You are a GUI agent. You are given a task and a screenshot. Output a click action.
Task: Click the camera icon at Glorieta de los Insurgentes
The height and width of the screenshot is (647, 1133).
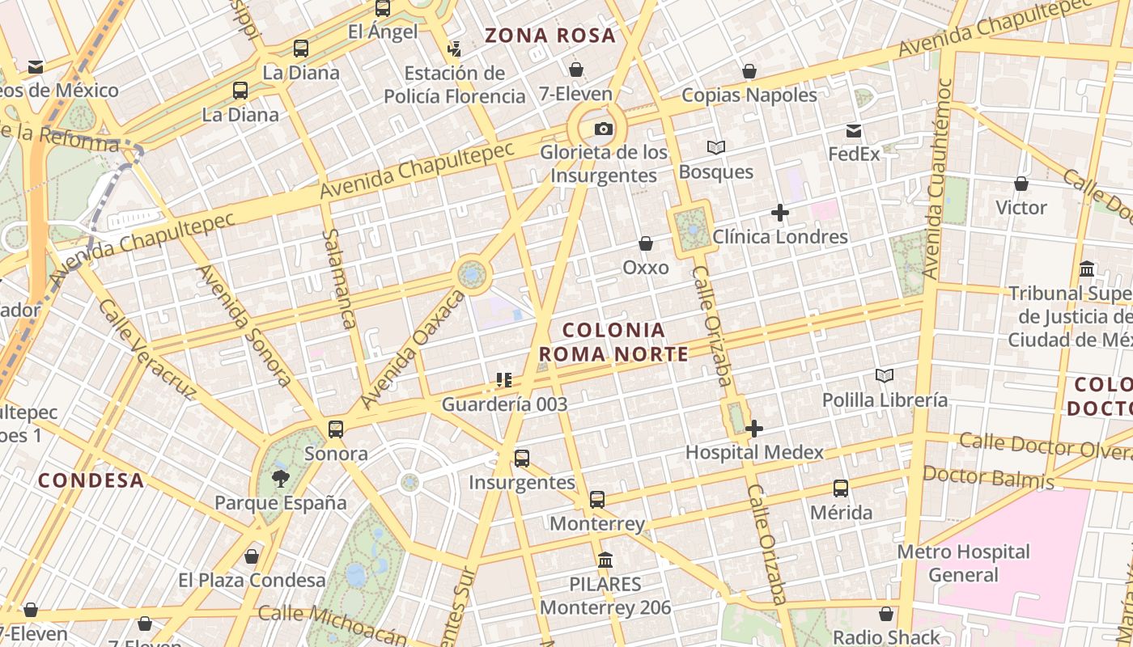pyautogui.click(x=603, y=129)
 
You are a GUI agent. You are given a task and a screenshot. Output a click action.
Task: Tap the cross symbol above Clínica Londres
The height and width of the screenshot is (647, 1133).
pyautogui.click(x=780, y=213)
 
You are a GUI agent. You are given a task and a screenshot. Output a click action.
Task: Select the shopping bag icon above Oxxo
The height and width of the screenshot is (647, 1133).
pyautogui.click(x=646, y=243)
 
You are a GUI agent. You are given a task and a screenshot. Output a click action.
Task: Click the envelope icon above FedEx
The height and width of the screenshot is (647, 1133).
pyautogui.click(x=854, y=131)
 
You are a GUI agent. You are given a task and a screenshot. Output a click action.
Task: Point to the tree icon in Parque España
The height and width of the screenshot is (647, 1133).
pyautogui.click(x=281, y=478)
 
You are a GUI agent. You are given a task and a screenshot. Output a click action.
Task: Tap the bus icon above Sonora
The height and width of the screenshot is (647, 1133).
pyautogui.click(x=336, y=429)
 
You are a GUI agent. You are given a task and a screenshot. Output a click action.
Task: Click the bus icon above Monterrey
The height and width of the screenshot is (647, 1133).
pyautogui.click(x=597, y=500)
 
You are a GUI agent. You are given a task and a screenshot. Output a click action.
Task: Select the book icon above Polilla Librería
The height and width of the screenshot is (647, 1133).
pyautogui.click(x=885, y=376)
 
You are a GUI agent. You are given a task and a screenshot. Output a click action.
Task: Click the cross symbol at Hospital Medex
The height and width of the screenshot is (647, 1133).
pyautogui.click(x=754, y=429)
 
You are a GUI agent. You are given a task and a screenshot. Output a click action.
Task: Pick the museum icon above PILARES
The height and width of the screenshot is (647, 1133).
pyautogui.click(x=605, y=560)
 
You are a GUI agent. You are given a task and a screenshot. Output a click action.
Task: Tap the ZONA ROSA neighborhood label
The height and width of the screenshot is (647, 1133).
pyautogui.click(x=550, y=36)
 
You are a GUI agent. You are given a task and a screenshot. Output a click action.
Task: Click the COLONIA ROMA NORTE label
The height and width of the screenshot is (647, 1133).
pyautogui.click(x=613, y=342)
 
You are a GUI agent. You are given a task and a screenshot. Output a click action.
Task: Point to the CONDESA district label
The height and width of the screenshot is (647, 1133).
pyautogui.click(x=91, y=480)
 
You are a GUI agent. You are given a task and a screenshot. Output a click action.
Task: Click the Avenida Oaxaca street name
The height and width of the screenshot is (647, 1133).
pyautogui.click(x=413, y=349)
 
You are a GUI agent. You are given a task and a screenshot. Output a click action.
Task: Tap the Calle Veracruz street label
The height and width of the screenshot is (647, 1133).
pyautogui.click(x=146, y=349)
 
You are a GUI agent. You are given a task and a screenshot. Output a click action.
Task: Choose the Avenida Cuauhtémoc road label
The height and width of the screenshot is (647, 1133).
pyautogui.click(x=937, y=178)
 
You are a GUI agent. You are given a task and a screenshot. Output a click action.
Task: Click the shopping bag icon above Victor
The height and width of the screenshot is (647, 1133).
pyautogui.click(x=1021, y=184)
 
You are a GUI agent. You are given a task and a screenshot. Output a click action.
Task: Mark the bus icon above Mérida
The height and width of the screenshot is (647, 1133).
pyautogui.click(x=841, y=488)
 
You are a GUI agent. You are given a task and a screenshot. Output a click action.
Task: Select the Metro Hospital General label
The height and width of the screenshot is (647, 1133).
pyautogui.click(x=963, y=564)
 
